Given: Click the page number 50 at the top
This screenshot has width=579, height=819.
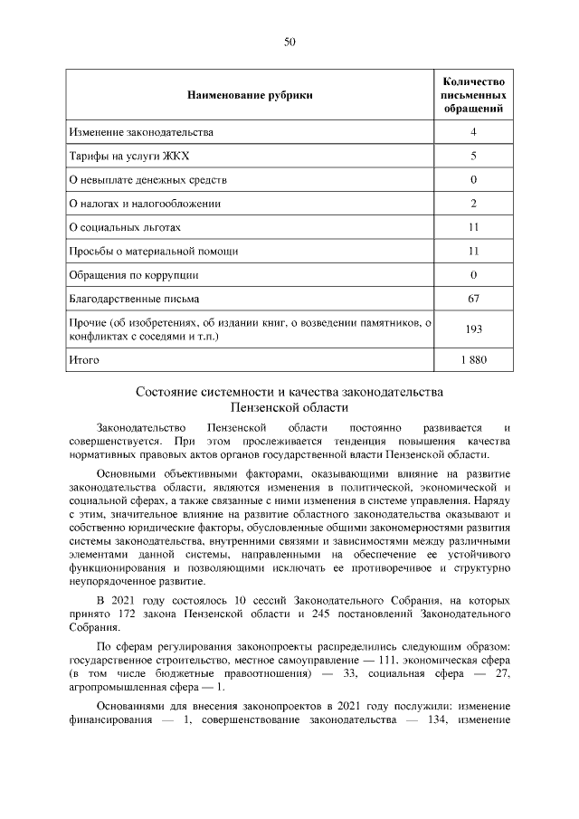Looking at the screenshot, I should tap(289, 42).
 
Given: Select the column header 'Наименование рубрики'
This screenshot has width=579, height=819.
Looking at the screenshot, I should tap(250, 95).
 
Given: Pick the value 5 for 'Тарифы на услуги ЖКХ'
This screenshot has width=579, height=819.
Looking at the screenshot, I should tap(473, 157).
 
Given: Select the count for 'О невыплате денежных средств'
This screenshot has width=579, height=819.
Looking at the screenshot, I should tap(473, 180).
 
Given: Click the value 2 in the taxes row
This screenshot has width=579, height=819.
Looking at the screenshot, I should tap(473, 204).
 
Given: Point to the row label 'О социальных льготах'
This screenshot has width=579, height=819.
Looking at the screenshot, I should tap(125, 227).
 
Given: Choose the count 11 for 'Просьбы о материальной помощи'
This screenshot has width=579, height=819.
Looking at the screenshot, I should tap(473, 251).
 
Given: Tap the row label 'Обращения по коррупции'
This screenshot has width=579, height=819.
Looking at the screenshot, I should tap(133, 274).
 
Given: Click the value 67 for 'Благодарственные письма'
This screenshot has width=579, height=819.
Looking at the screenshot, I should tap(473, 298).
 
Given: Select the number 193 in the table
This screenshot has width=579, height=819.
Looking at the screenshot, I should tap(473, 329).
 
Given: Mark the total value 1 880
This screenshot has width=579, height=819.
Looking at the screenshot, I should tap(473, 360).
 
